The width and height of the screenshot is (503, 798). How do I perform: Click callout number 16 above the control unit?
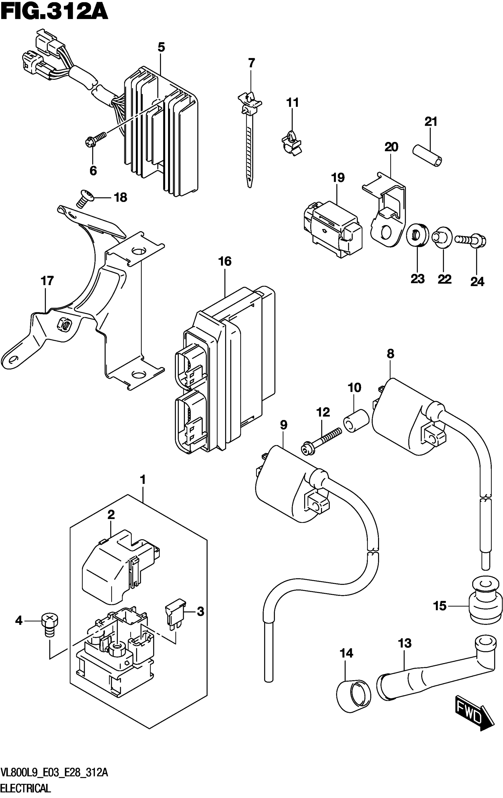point(225,261)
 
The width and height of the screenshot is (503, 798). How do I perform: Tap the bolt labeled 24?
point(470,239)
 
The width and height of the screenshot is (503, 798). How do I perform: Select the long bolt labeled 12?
point(321,439)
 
